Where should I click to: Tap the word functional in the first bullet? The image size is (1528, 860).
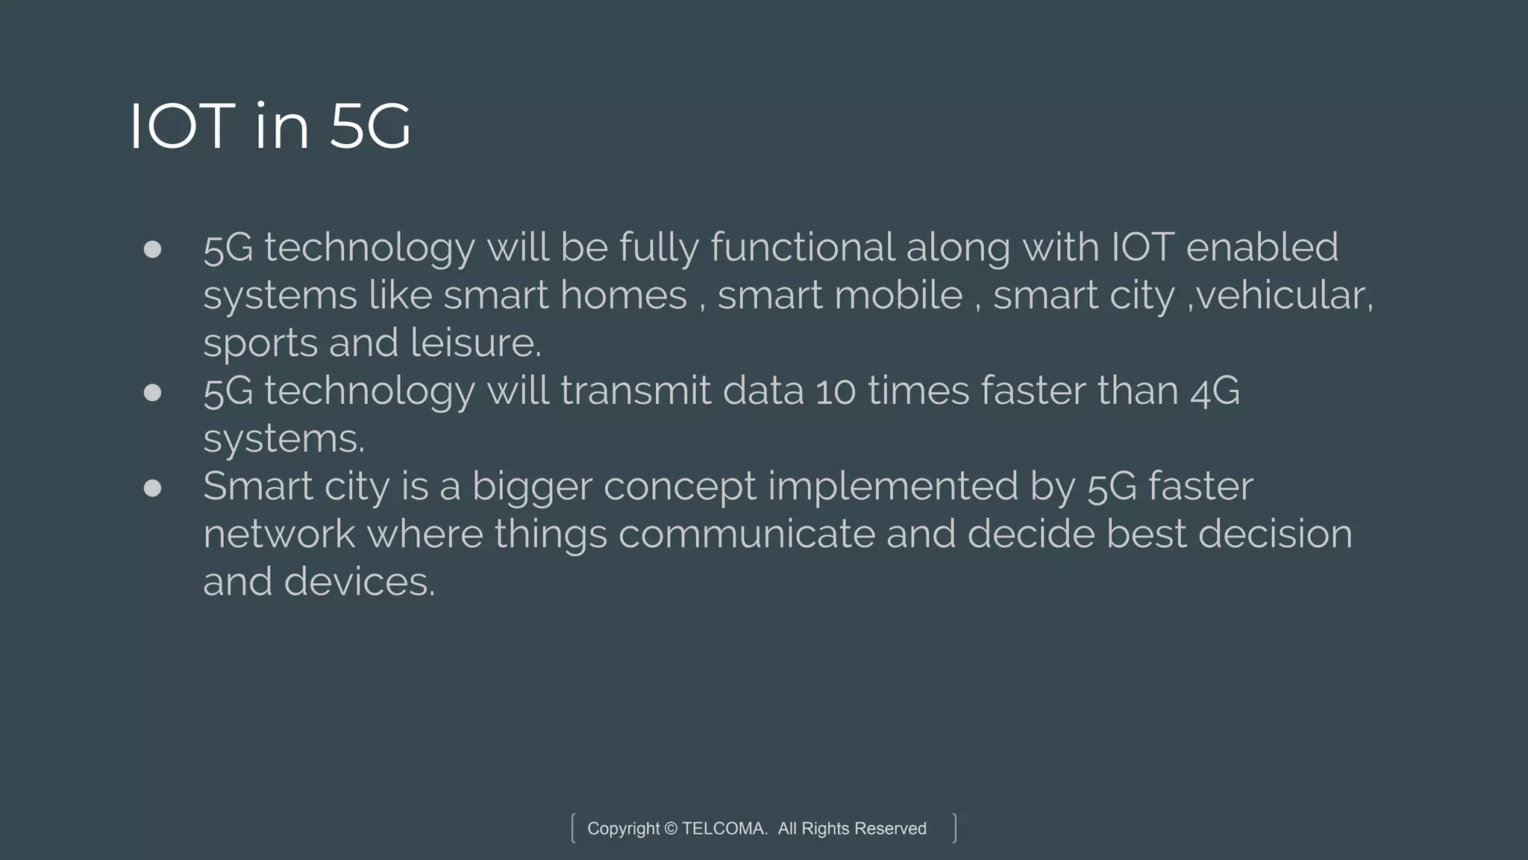(802, 247)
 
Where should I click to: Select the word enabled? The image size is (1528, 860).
(1262, 247)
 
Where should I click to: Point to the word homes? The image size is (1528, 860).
(623, 295)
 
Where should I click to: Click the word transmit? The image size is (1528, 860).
(636, 390)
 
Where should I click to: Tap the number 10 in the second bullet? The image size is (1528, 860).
(835, 392)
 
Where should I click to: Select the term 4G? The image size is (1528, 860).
(1215, 392)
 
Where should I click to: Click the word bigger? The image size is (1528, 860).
(532, 487)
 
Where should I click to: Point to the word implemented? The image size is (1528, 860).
(892, 486)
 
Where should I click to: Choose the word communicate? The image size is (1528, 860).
(747, 534)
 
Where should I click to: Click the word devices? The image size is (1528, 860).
(358, 582)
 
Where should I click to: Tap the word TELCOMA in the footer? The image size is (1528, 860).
(724, 829)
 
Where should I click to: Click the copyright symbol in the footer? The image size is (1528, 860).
(671, 829)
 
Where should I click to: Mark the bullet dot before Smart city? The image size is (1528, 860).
(152, 488)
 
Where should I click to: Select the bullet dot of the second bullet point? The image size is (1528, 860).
(152, 393)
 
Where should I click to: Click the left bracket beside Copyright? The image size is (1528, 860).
(573, 828)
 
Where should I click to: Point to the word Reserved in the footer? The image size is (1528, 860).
(890, 829)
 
